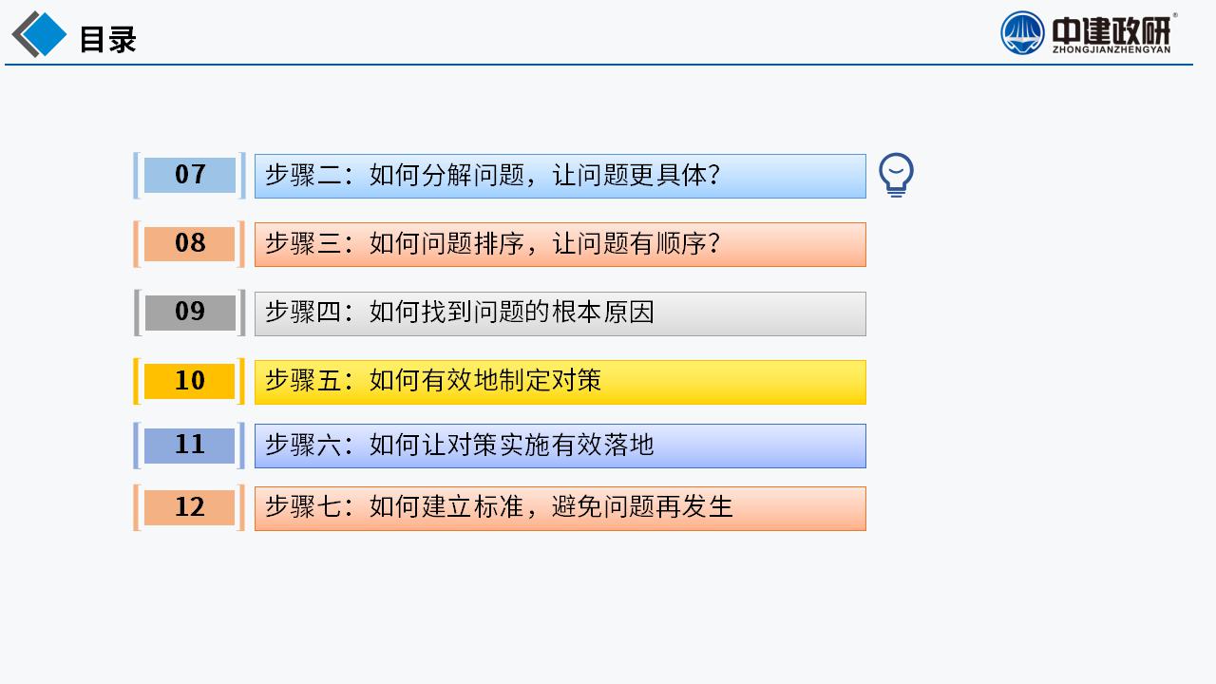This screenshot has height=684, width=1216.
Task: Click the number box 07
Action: pos(189,176)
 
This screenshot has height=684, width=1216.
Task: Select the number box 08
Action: pos(189,244)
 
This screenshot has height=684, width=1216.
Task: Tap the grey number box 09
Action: pos(190,313)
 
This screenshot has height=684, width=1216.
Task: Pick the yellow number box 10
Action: pos(189,381)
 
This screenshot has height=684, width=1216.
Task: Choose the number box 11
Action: pos(189,446)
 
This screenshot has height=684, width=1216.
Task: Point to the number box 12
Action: pos(189,507)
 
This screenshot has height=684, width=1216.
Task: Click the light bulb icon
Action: pos(896,175)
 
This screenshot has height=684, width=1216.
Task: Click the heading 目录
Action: pos(108,39)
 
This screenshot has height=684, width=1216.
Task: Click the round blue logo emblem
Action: pos(1022,33)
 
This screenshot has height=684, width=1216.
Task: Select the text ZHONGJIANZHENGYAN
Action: pos(1111,49)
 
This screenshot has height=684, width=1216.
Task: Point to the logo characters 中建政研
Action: pos(1111,30)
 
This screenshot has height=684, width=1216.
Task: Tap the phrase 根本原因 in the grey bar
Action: pos(603,313)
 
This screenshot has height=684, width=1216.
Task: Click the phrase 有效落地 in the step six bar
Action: pos(603,445)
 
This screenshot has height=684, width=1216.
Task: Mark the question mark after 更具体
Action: pos(713,176)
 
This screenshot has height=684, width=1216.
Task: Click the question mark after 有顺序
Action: pos(713,243)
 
